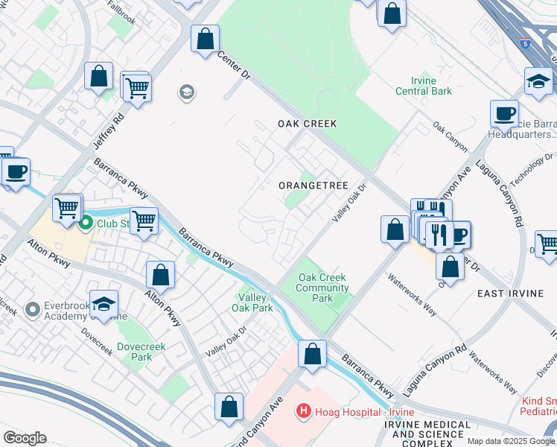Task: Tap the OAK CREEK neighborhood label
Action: pyautogui.click(x=308, y=124)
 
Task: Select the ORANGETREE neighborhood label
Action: pyautogui.click(x=313, y=185)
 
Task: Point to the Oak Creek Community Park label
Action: pyautogui.click(x=323, y=288)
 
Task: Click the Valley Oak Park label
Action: pyautogui.click(x=252, y=302)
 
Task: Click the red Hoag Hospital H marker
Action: pyautogui.click(x=303, y=410)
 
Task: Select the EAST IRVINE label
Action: pyautogui.click(x=511, y=294)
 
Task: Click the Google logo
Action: pyautogui.click(x=25, y=438)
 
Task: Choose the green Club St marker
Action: pyautogui.click(x=86, y=222)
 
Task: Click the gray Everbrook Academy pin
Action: pyautogui.click(x=32, y=308)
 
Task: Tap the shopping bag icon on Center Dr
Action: pyautogui.click(x=205, y=39)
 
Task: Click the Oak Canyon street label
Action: pyautogui.click(x=450, y=134)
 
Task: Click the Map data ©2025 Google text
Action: pyautogui.click(x=512, y=441)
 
